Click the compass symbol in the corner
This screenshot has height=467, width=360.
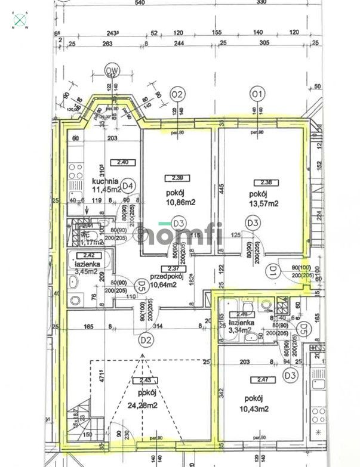point(21,20)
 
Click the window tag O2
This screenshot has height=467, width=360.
point(176,94)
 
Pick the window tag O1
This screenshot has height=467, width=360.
point(257,94)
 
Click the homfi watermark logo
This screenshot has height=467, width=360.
point(179,233)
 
